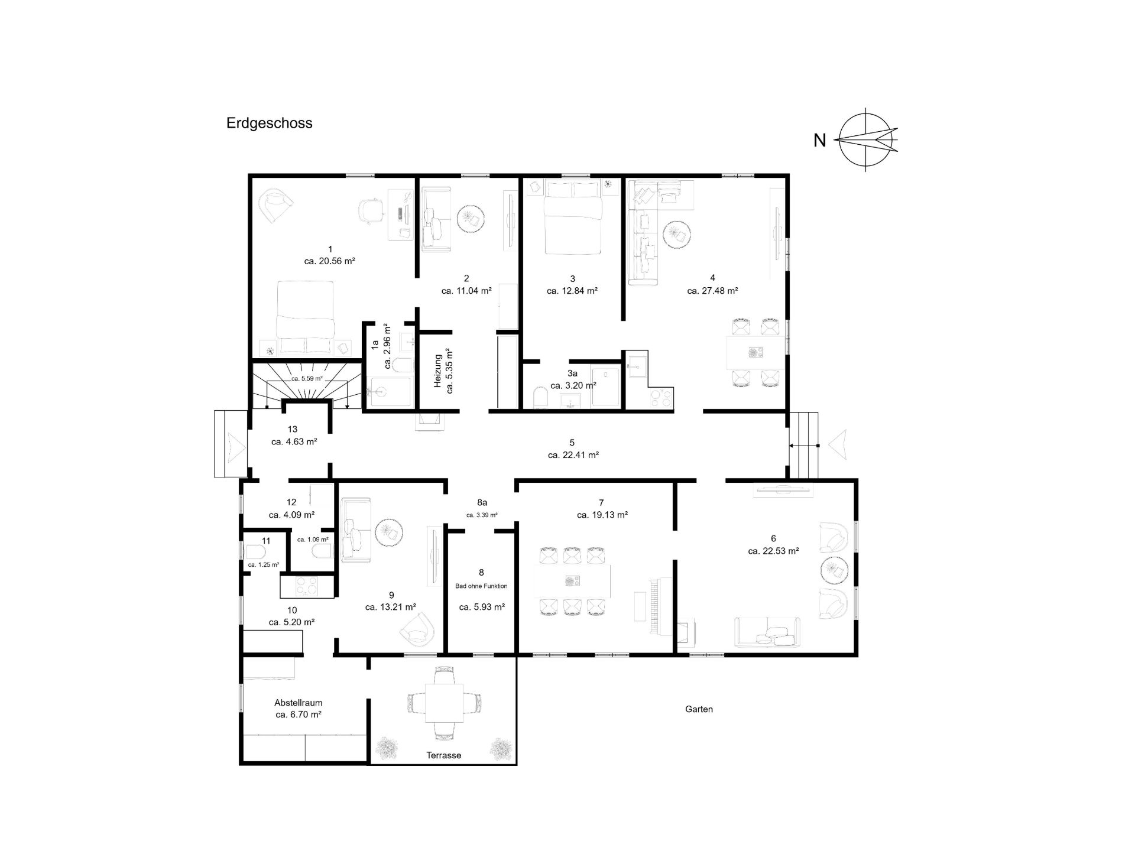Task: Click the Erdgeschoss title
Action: (269, 124)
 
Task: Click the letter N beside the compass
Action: (819, 141)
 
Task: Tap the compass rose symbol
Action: (867, 140)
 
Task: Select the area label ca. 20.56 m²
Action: (329, 261)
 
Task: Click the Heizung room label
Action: (438, 371)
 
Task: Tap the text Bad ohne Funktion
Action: (481, 586)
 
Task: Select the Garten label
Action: (699, 709)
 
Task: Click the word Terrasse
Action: (443, 755)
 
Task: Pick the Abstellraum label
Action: (298, 703)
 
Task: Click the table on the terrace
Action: (444, 703)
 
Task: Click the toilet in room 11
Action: (255, 552)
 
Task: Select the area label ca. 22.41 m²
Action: (573, 456)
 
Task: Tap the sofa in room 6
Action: (767, 632)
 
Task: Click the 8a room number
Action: (482, 503)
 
